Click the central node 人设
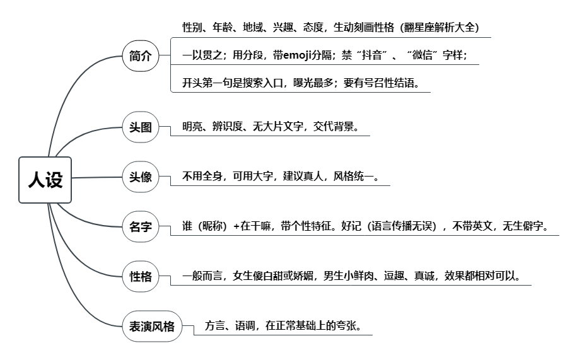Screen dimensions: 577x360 pos(45,180)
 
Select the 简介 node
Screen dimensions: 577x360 pos(140,56)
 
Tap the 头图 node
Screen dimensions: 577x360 pos(140,127)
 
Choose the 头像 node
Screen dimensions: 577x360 pos(140,177)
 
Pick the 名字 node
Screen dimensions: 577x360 pos(140,226)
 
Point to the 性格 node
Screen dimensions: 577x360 pos(140,276)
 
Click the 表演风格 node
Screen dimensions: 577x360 pos(152,326)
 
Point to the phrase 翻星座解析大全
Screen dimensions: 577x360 pos(440,27)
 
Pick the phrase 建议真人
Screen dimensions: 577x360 pos(303,176)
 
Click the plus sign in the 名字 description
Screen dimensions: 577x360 pos(236,226)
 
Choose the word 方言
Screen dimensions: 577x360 pos(214,326)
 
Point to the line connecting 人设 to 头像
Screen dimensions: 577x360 pos(96,177)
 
